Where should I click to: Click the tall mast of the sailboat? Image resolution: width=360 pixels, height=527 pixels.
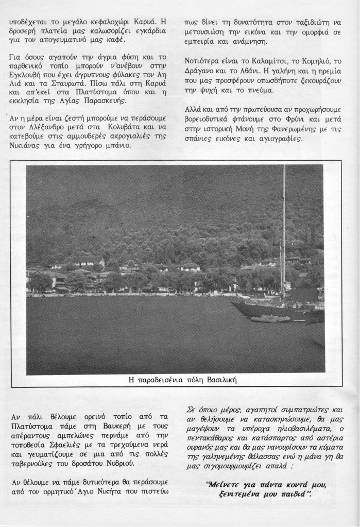283,232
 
